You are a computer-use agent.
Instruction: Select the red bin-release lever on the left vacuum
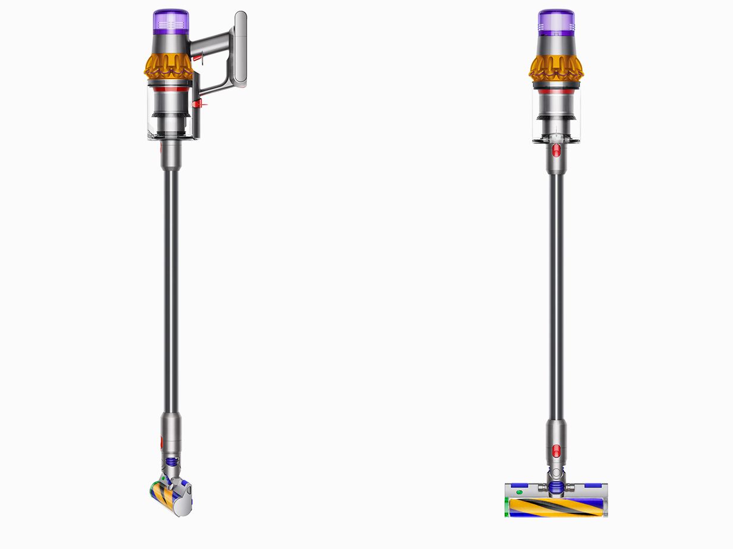[197, 105]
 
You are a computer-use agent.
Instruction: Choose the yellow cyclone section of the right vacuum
[556, 67]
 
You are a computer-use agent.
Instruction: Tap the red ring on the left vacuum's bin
[170, 88]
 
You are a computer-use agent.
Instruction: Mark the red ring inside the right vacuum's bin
[556, 92]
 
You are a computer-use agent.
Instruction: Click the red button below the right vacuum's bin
[556, 150]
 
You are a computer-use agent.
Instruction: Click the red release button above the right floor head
[556, 450]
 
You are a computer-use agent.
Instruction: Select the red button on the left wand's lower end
[161, 443]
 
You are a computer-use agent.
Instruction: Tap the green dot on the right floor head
[519, 492]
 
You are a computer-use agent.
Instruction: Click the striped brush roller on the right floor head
[556, 508]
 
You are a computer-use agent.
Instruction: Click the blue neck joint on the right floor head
[556, 488]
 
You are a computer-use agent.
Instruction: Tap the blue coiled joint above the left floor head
[171, 462]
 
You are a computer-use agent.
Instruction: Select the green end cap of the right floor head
[507, 508]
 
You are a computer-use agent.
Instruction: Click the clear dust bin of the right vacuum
[556, 119]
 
